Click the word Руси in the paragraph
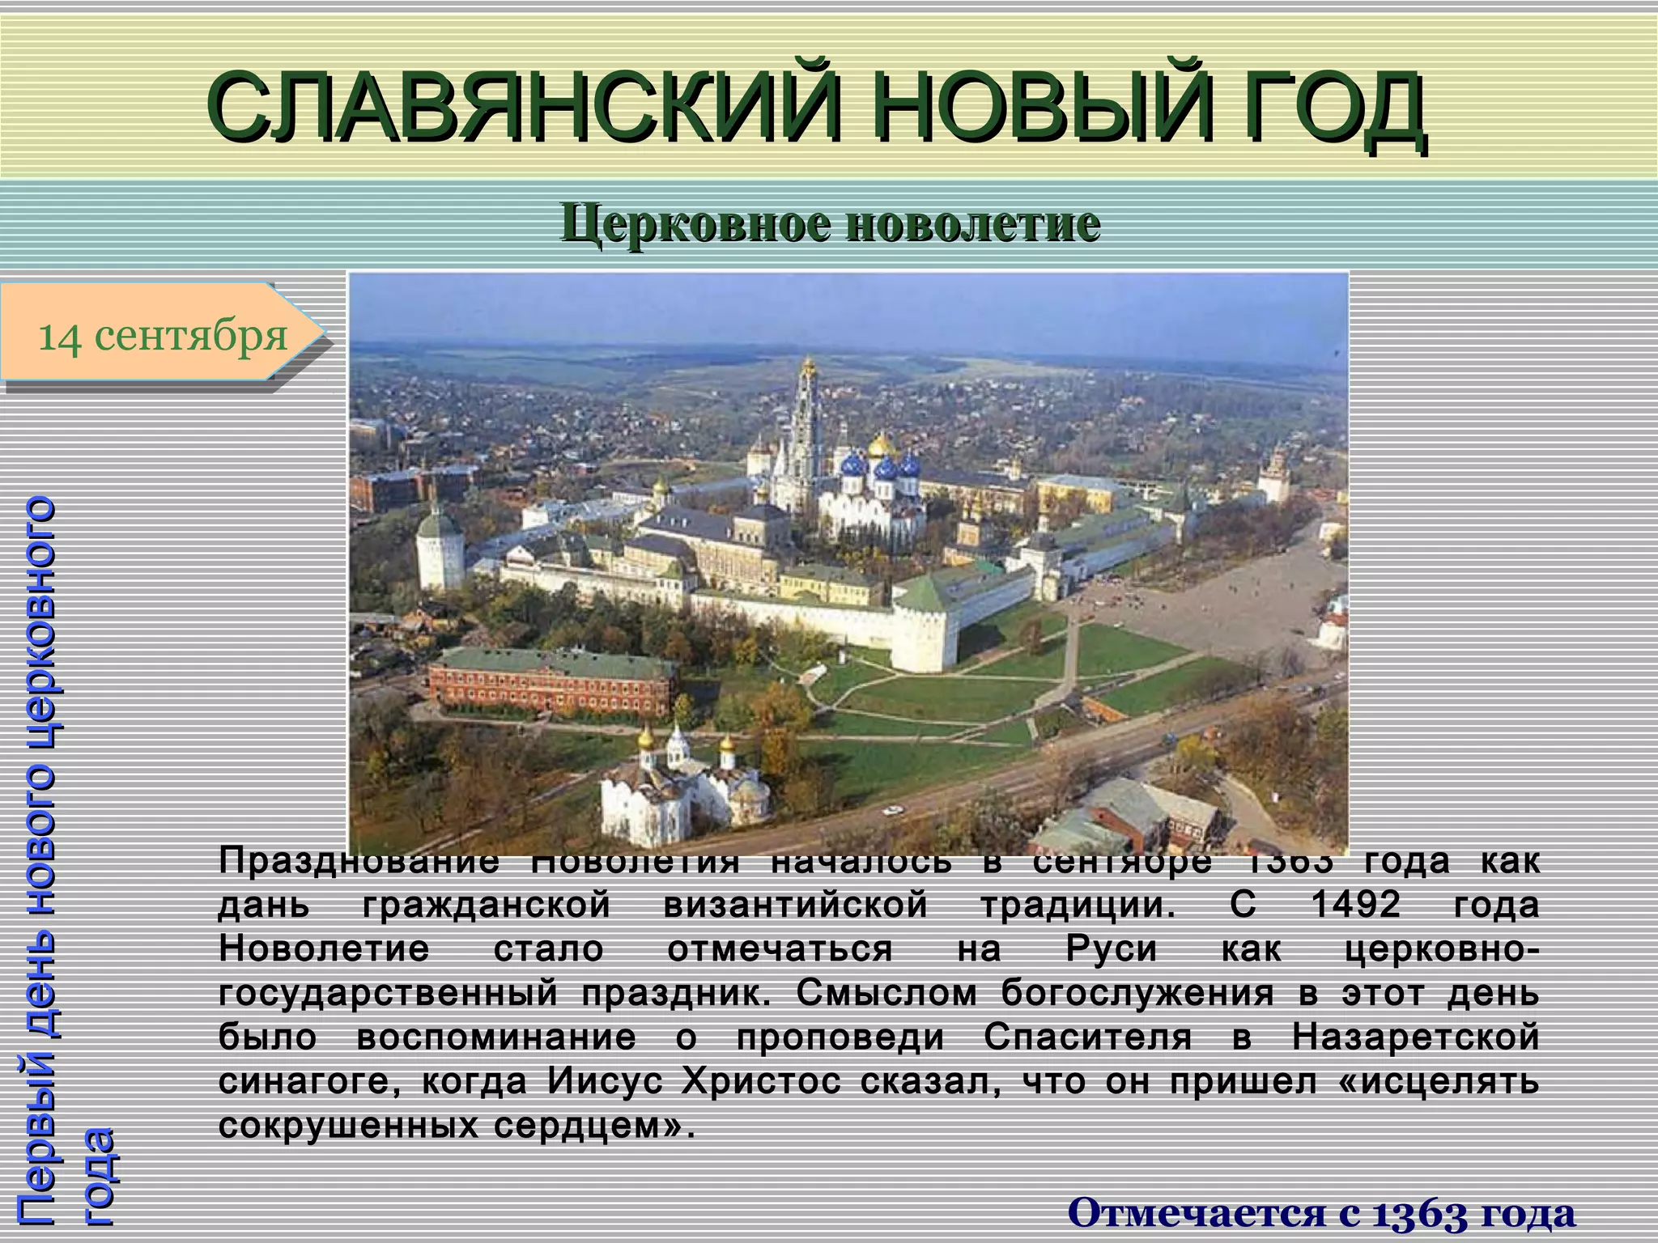(x=1112, y=948)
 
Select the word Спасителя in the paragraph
(x=1088, y=1037)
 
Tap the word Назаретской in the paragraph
(x=1416, y=1037)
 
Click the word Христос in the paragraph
(x=761, y=1082)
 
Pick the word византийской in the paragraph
(x=796, y=904)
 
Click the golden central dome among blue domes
(x=881, y=445)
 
